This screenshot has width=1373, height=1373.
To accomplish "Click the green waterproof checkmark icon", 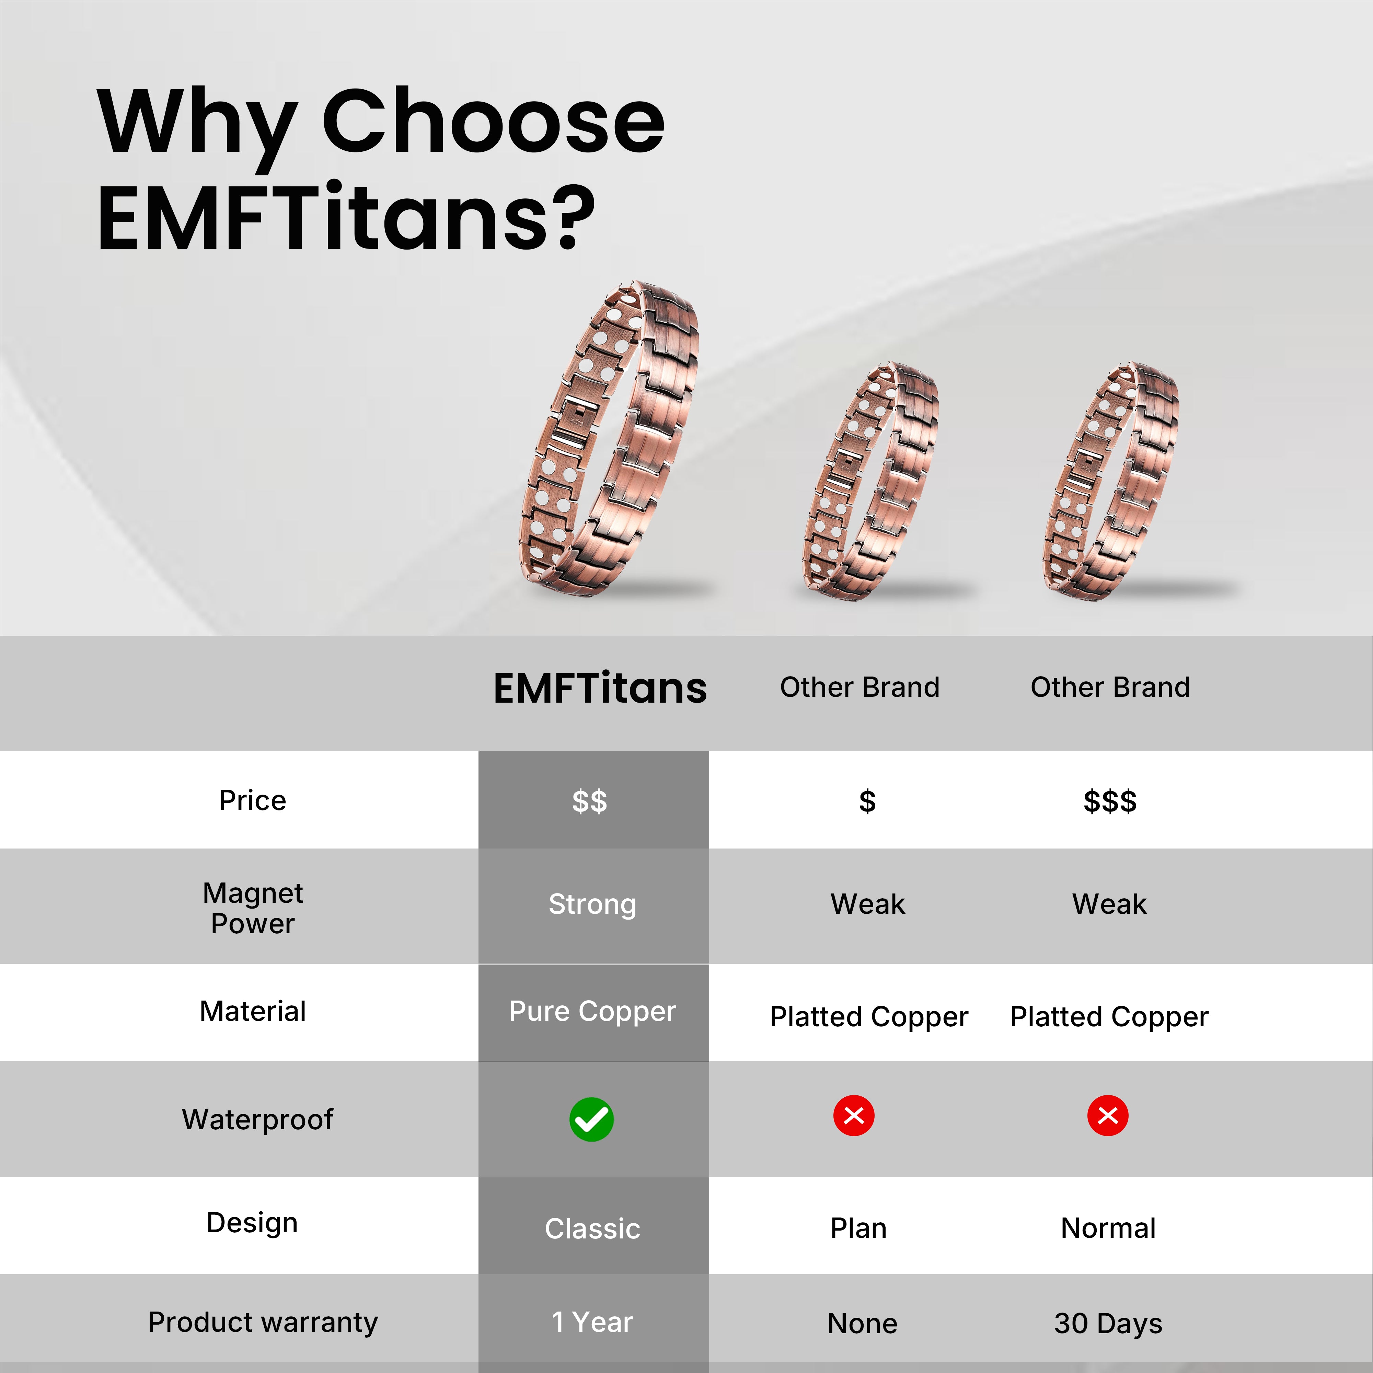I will pos(591,1119).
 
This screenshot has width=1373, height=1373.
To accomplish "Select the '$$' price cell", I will pos(590,801).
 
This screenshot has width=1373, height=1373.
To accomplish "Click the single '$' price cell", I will pos(867,801).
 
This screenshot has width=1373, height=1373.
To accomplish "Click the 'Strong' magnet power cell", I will pos(592,904).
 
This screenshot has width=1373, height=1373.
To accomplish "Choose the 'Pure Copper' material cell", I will pos(592,1011).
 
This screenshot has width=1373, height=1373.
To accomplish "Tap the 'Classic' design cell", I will pos(592,1229).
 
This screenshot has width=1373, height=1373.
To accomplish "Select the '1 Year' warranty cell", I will pos(592,1323).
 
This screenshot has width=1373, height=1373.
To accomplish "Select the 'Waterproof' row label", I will pos(257,1119).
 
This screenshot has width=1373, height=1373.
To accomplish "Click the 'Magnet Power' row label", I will pos(253,908).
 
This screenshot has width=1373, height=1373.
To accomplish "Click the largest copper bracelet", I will pos(611,437).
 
